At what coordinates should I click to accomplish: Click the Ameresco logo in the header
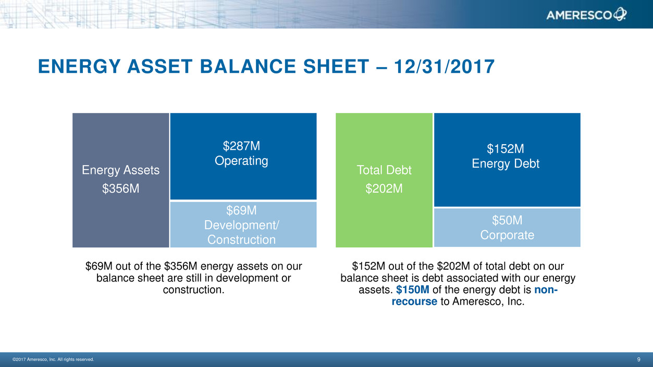[586, 15]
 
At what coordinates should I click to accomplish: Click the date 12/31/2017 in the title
[444, 67]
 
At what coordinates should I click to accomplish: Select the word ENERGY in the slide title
[79, 67]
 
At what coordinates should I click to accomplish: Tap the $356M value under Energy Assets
[121, 188]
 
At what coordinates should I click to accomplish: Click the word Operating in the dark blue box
[241, 161]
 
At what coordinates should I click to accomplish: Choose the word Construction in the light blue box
[241, 239]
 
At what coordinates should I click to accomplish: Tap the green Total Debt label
[384, 170]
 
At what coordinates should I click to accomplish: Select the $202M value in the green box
[384, 188]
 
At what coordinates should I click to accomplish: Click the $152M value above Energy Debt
[506, 149]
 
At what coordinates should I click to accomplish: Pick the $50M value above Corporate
[507, 220]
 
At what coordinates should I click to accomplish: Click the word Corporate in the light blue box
[507, 235]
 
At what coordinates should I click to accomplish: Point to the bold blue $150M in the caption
[413, 290]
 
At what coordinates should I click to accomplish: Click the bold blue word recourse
[414, 301]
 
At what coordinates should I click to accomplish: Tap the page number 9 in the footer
[639, 359]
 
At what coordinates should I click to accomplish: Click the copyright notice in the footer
[53, 359]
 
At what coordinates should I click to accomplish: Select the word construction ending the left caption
[193, 290]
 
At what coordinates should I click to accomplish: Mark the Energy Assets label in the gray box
[121, 170]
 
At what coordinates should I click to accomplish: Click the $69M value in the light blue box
[241, 210]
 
